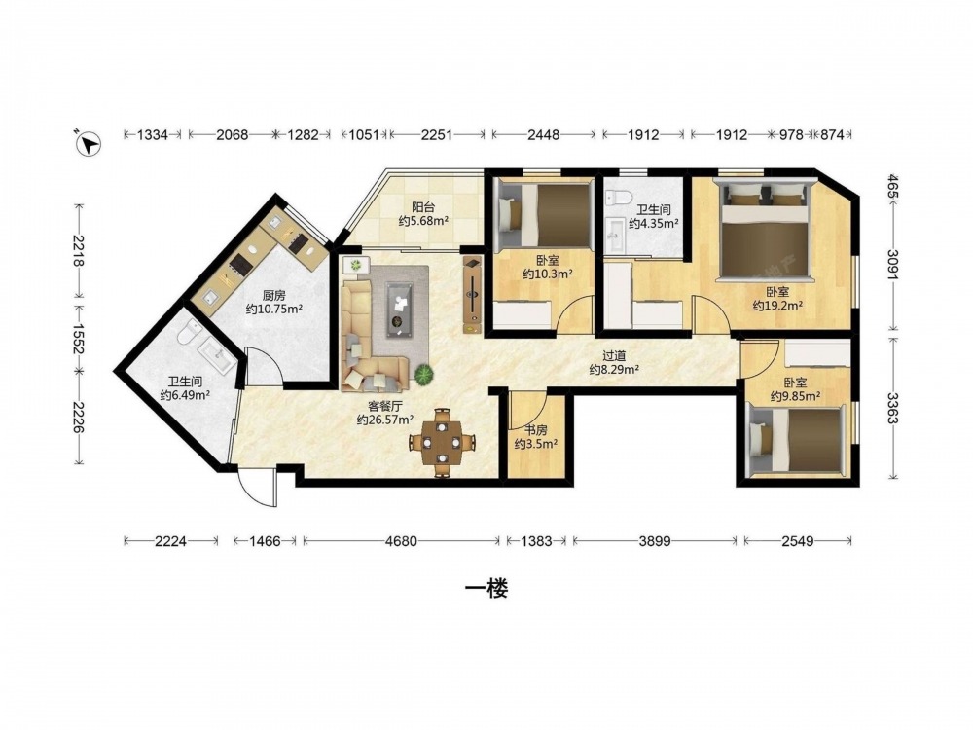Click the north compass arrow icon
pos(89,143)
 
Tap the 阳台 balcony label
pos(423,207)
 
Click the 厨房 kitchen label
pos(273,296)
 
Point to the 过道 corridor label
pos(614,356)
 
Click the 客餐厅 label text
pos(385,406)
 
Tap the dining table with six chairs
pos(442,443)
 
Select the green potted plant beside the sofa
pos(424,375)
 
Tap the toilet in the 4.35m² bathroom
pos(618,197)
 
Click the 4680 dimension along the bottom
pos(401,541)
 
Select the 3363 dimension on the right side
pos(892,408)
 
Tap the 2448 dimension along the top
pos(544,134)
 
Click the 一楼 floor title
pos(486,589)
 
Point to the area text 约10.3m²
pos(547,274)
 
